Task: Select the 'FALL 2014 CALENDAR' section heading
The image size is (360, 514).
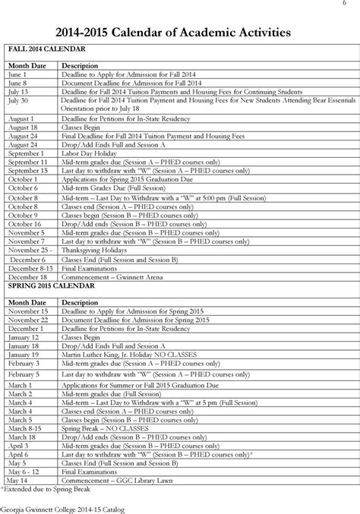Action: [44, 49]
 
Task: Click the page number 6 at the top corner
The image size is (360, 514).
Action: [354, 5]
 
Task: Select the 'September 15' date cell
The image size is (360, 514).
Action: [28, 170]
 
